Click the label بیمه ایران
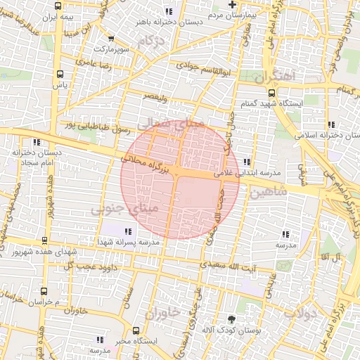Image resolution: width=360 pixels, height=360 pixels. point(57,15)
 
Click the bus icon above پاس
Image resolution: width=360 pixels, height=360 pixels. point(60,72)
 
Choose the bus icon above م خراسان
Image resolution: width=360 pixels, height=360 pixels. point(44,290)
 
